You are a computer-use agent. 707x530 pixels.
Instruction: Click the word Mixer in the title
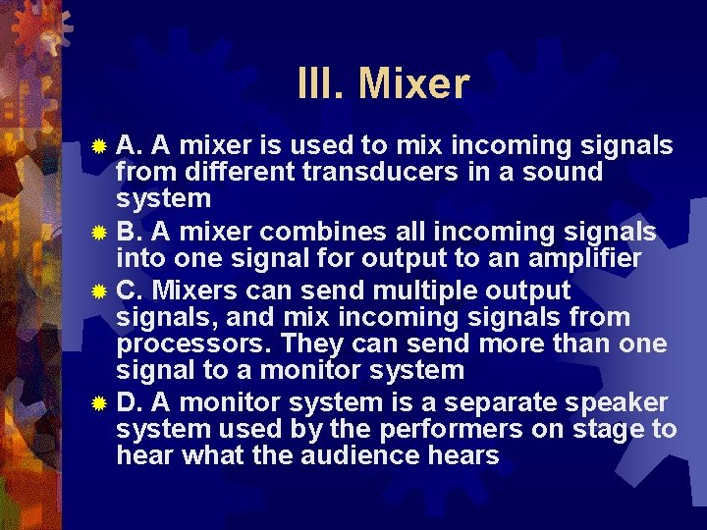414,84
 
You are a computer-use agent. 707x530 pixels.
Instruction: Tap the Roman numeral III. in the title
322,84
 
